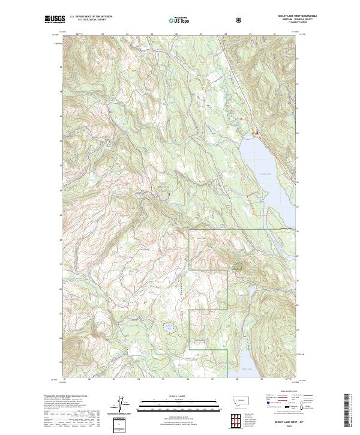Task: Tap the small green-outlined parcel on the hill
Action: (238, 265)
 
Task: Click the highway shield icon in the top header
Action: (239, 20)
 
